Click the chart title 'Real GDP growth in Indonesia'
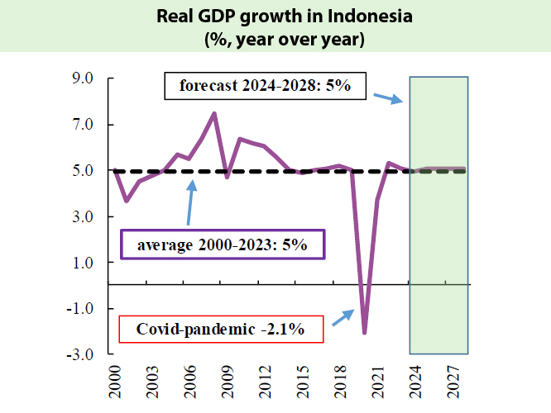pos(275,17)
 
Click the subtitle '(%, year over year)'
pos(275,38)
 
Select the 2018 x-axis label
pos(339,382)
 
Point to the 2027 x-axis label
pos(451,382)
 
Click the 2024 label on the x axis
pos(414,382)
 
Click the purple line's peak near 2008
pos(214,113)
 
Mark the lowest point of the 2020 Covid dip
pos(365,333)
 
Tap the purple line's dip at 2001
pos(126,201)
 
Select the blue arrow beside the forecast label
pos(386,98)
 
